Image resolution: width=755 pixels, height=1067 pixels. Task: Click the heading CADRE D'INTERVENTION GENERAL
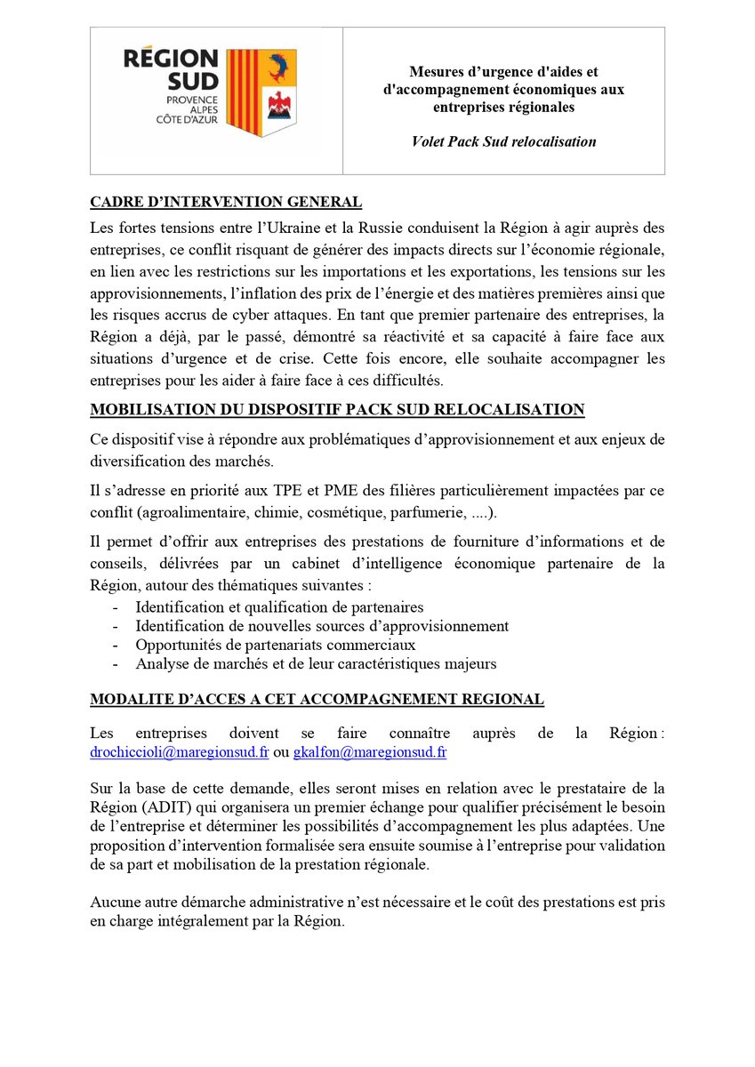225,202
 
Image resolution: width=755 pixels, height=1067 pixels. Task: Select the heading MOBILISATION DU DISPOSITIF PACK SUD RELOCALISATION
337,409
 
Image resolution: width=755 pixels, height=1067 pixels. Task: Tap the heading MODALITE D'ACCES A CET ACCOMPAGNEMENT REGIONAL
316,699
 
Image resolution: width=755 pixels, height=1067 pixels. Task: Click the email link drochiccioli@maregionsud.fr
179,752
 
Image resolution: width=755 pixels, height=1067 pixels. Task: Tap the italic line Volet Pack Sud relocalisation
503,141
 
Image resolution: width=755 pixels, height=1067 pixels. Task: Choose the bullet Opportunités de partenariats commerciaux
275,645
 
